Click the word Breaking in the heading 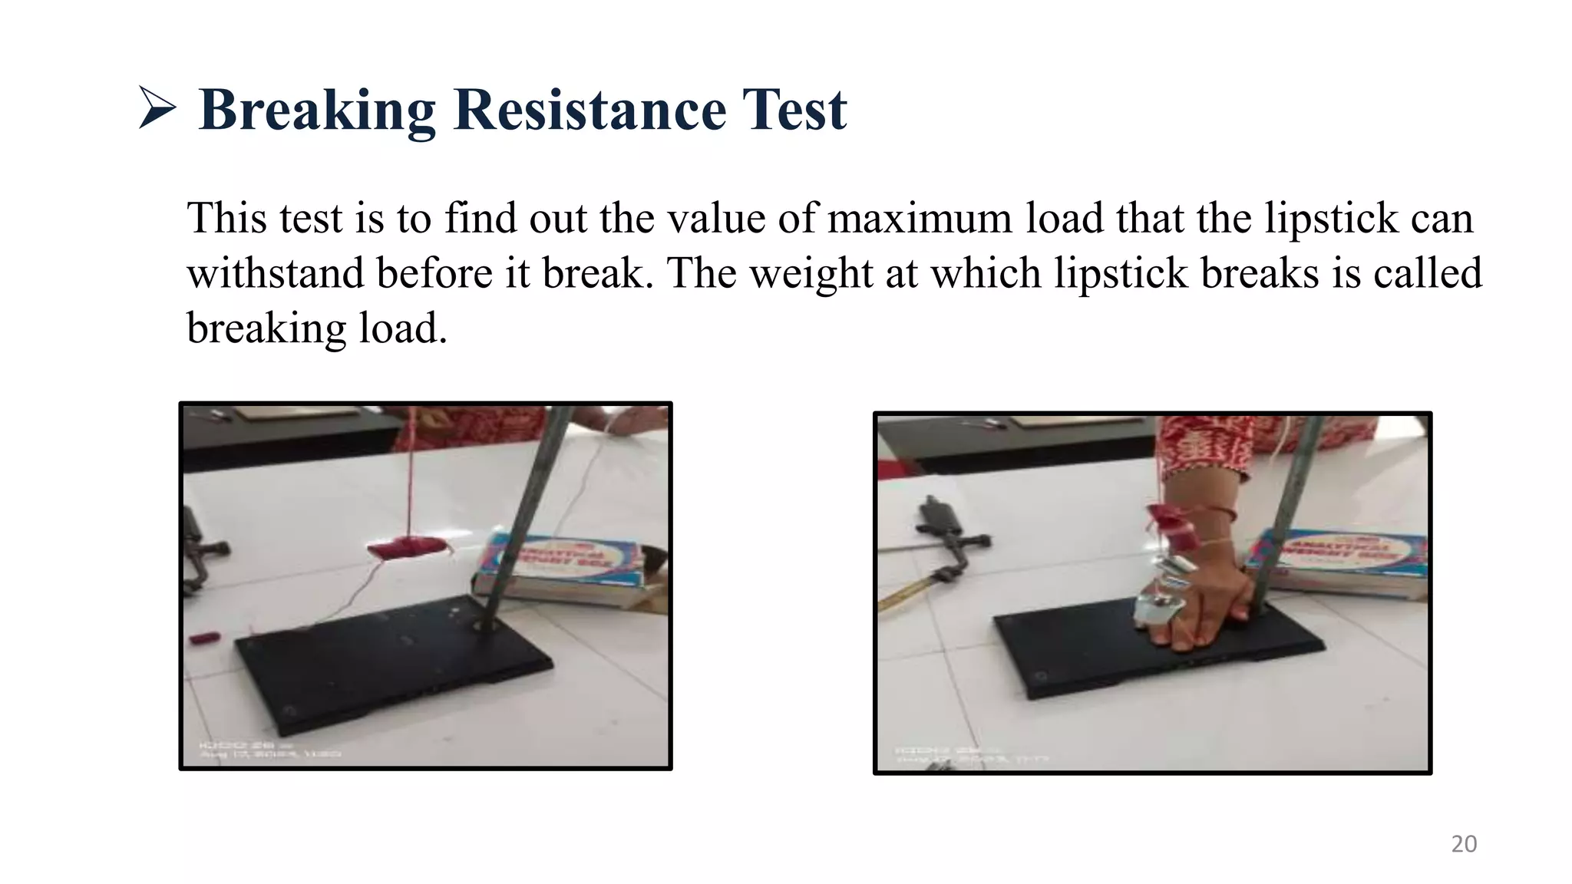pyautogui.click(x=316, y=110)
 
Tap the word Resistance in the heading pyautogui.click(x=589, y=110)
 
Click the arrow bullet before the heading pyautogui.click(x=157, y=108)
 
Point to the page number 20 pyautogui.click(x=1464, y=844)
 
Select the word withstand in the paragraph pyautogui.click(x=275, y=274)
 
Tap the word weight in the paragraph pyautogui.click(x=811, y=274)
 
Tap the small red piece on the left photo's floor pyautogui.click(x=205, y=638)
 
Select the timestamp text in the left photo pyautogui.click(x=269, y=749)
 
